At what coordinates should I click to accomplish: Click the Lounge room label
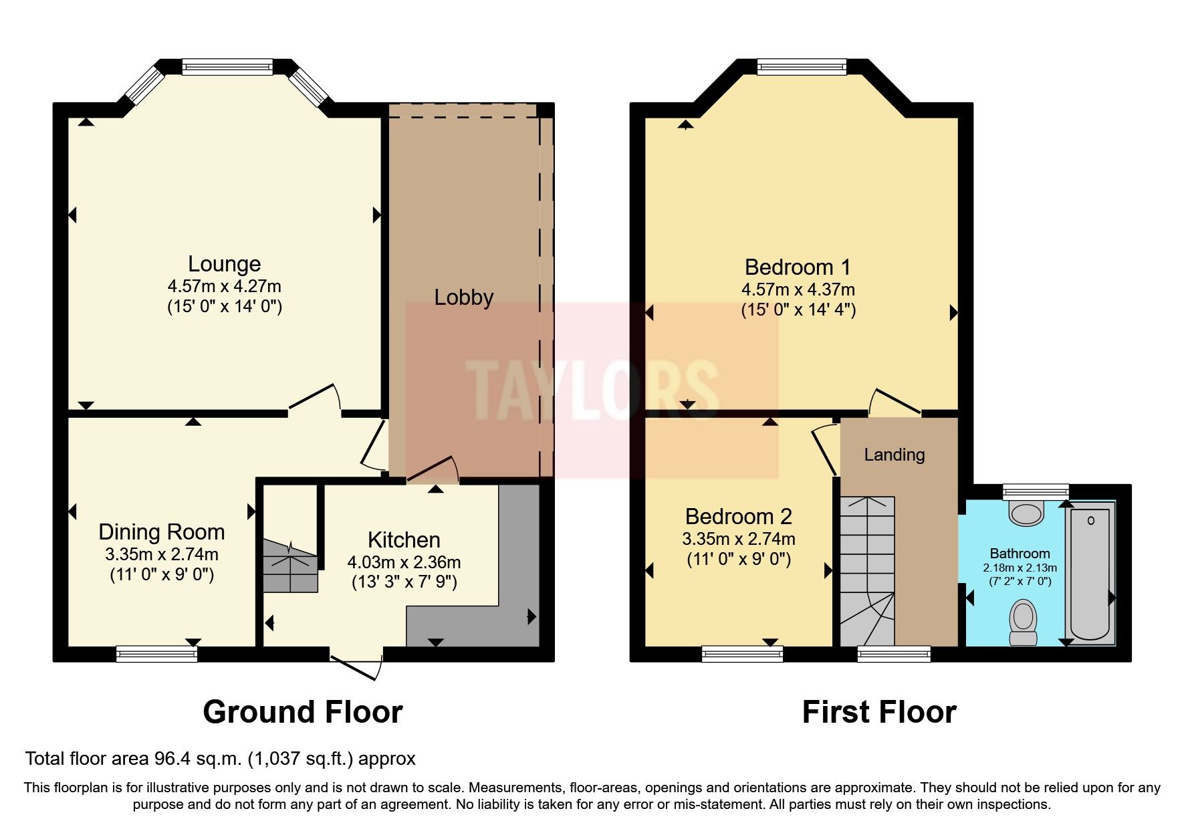[x=224, y=264]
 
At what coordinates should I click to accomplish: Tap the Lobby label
[x=463, y=298]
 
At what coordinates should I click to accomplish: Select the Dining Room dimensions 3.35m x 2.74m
[x=161, y=554]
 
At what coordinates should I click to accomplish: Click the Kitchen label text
[x=404, y=540]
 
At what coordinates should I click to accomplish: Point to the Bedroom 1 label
[x=798, y=267]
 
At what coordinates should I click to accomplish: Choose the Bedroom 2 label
[x=738, y=517]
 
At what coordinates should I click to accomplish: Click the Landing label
[x=894, y=455]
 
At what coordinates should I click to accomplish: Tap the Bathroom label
[x=1020, y=554]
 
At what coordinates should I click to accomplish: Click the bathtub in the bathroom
[x=1090, y=574]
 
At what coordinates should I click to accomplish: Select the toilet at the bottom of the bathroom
[x=1023, y=622]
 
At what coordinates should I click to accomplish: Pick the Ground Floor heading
[x=302, y=712]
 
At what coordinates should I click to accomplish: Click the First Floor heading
[x=878, y=712]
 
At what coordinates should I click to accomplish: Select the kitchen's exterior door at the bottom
[x=356, y=666]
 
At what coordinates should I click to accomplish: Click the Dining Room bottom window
[x=156, y=653]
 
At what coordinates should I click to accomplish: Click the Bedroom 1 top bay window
[x=802, y=66]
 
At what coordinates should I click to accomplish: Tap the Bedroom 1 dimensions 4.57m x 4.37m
[x=798, y=290]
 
